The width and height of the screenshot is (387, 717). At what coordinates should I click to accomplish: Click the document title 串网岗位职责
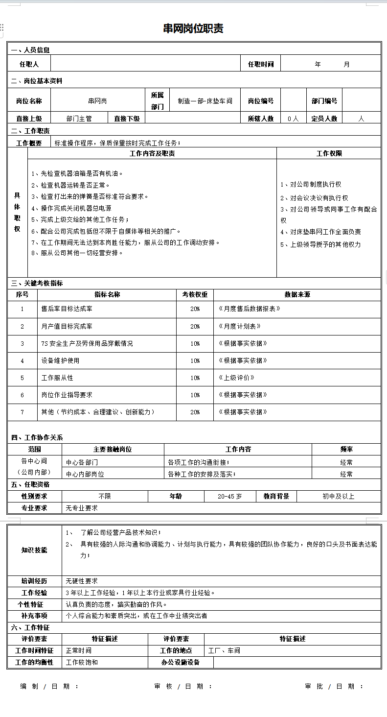(193, 28)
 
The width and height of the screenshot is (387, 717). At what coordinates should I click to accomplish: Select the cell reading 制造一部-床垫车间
(205, 101)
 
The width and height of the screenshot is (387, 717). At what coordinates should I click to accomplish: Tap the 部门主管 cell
(79, 118)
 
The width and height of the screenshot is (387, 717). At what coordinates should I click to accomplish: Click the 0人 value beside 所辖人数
(293, 118)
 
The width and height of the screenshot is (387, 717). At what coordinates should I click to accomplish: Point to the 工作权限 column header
(329, 153)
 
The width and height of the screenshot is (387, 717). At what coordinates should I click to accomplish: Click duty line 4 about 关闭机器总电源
(71, 208)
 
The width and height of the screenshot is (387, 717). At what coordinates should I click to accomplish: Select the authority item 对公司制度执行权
(311, 184)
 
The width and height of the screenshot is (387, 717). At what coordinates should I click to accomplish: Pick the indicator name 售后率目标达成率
(67, 309)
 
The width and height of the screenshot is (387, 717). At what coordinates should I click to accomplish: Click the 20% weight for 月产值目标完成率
(195, 326)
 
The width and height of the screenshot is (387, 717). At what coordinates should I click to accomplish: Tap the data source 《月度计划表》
(240, 326)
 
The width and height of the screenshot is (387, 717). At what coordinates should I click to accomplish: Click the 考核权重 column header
(195, 294)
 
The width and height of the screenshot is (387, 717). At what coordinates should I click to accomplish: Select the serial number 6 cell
(22, 395)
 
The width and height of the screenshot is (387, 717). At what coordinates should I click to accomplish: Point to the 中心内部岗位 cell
(85, 474)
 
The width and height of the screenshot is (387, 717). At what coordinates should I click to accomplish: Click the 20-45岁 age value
(230, 496)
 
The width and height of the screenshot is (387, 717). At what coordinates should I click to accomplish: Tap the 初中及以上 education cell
(338, 496)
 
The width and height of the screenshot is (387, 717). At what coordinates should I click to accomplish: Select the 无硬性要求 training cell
(82, 581)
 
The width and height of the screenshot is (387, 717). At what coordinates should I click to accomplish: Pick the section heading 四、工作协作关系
(37, 437)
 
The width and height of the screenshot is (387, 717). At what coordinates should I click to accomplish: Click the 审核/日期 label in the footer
(183, 686)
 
